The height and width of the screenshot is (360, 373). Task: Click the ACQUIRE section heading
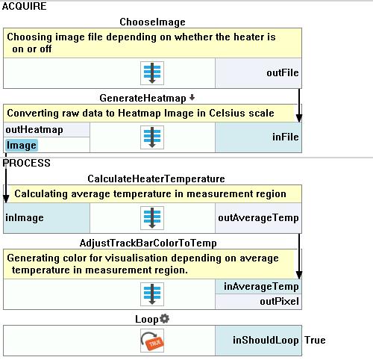click(24, 6)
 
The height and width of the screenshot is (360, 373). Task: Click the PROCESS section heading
click(26, 163)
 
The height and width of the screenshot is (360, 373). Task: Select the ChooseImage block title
click(152, 22)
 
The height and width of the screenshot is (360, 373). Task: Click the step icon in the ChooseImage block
click(152, 73)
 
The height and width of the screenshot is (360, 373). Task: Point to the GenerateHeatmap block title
click(142, 99)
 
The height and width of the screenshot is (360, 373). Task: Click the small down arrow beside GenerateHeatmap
click(192, 97)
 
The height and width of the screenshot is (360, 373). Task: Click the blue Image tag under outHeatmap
click(22, 146)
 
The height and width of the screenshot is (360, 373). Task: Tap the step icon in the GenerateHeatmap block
click(152, 137)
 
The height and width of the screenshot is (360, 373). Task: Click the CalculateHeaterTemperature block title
click(156, 179)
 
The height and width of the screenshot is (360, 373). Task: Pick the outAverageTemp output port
click(258, 218)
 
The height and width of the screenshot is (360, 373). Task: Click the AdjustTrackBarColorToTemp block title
click(148, 243)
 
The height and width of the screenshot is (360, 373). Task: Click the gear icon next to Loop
click(164, 318)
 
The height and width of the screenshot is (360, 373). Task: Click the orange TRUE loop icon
click(152, 341)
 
